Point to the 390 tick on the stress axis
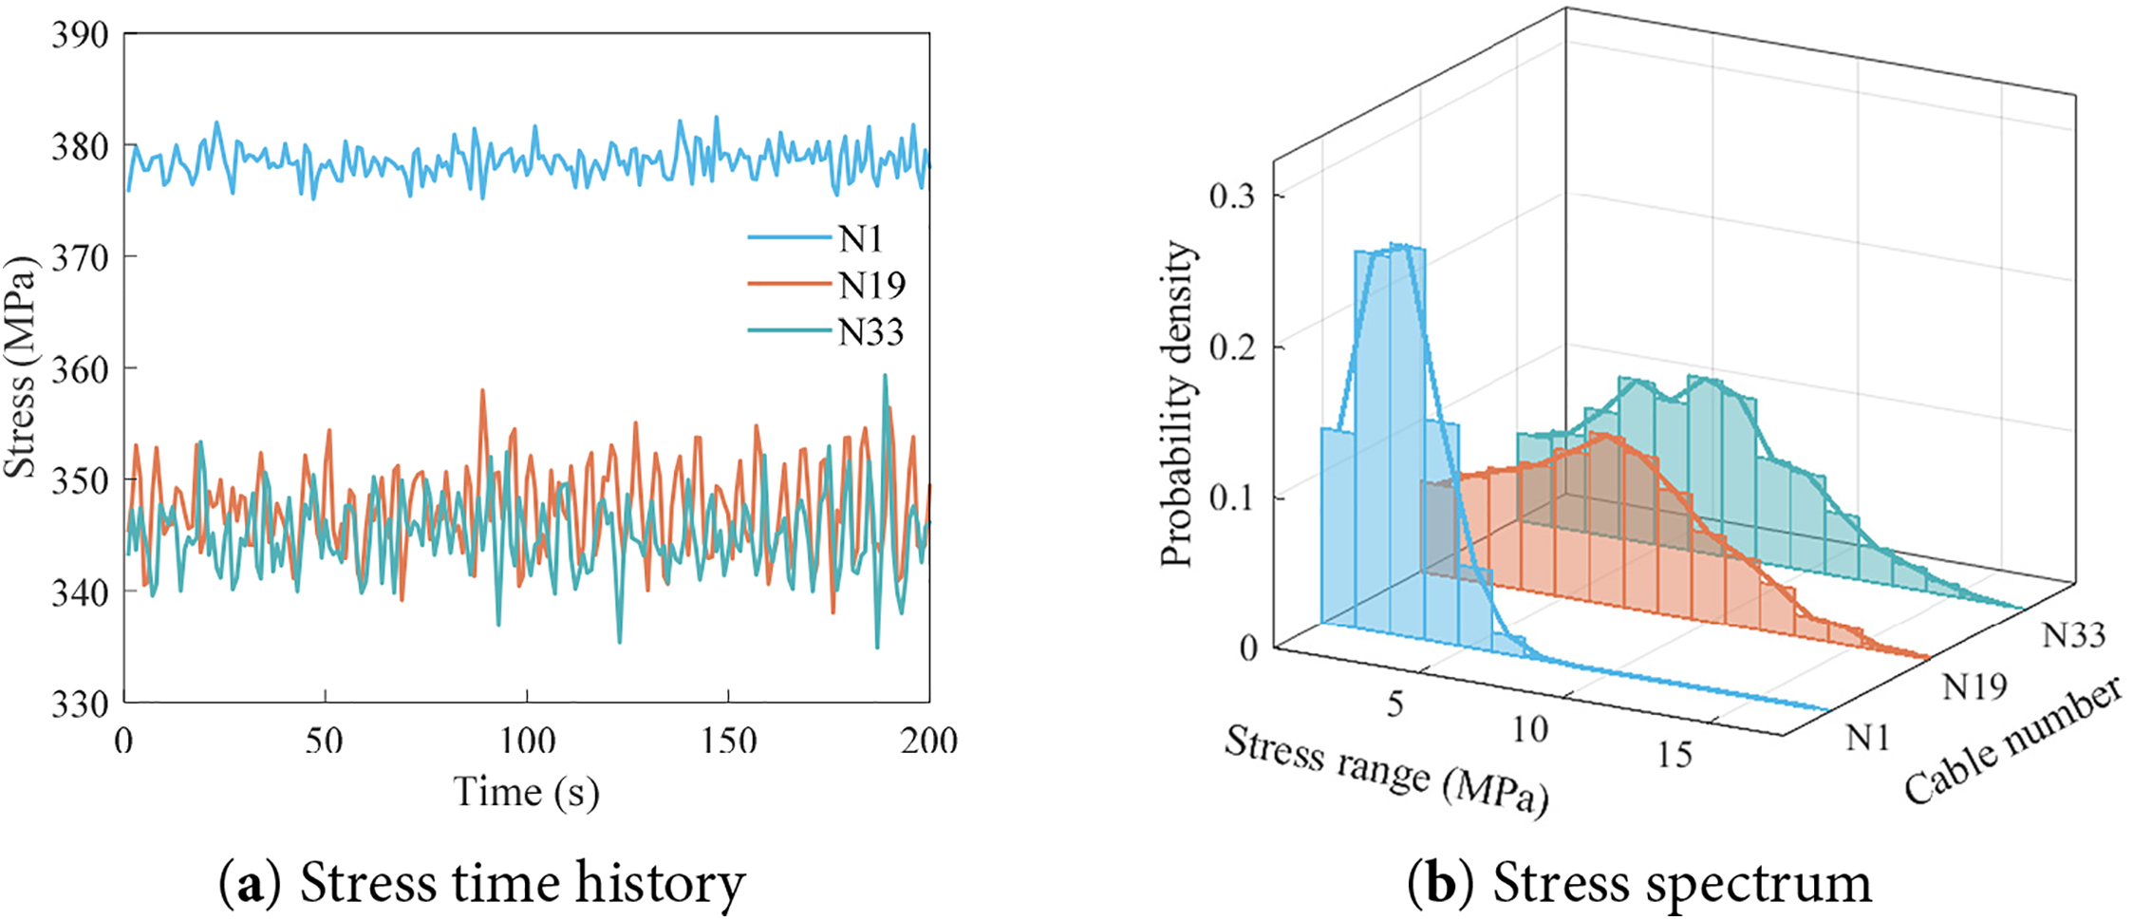click(81, 35)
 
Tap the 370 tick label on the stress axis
click(81, 257)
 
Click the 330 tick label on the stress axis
click(81, 704)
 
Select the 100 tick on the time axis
click(527, 741)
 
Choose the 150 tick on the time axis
click(728, 741)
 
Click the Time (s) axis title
click(526, 792)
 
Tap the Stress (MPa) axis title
click(21, 367)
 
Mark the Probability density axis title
click(1177, 404)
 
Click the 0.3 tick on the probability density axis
click(1232, 196)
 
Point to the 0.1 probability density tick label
click(1232, 498)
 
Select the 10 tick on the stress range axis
click(1529, 729)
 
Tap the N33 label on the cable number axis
click(2074, 634)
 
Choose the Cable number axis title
click(2012, 741)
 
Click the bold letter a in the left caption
click(251, 884)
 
